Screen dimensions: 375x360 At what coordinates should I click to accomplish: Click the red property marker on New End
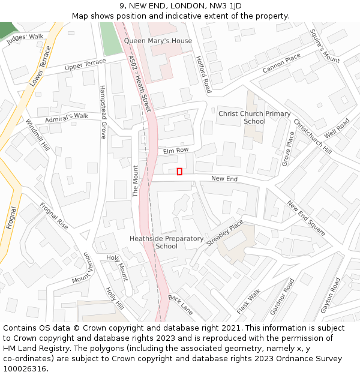coord(179,172)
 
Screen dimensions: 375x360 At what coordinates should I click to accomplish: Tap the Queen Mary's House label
coord(158,41)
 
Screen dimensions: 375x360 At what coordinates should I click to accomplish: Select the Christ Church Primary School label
coord(254,117)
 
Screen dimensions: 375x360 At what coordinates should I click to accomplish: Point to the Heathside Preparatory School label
coord(166,242)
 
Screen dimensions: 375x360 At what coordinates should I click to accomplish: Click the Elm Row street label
coord(176,151)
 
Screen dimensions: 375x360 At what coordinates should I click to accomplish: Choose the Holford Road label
coord(204,75)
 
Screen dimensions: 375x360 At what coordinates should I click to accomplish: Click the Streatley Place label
coord(225,233)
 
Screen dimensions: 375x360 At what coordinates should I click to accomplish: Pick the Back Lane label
coord(181,305)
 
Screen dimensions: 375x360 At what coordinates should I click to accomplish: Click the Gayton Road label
coord(330,295)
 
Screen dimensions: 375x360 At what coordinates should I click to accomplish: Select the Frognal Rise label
coord(54,216)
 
